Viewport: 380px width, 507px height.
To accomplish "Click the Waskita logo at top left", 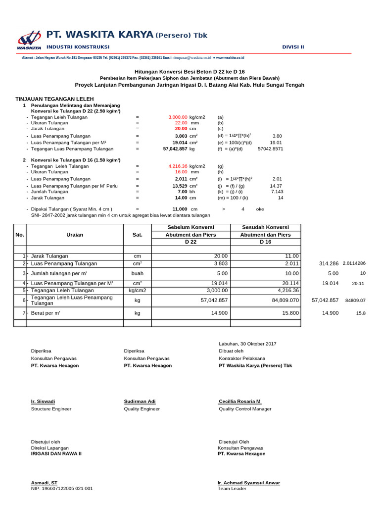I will click(x=29, y=40).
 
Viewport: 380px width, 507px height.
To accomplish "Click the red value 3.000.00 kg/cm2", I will click(x=178, y=117).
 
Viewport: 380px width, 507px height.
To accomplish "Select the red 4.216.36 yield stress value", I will click(x=178, y=166).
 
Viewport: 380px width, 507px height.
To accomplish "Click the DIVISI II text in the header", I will click(x=293, y=47).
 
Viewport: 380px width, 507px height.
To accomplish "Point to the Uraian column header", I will click(x=74, y=235).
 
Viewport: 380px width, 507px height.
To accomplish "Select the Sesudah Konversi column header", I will click(x=266, y=227).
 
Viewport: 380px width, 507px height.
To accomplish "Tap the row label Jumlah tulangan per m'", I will click(x=59, y=273).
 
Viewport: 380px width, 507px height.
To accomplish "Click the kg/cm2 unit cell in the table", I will click(x=137, y=291).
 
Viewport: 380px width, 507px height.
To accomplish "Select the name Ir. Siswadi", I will click(x=43, y=401).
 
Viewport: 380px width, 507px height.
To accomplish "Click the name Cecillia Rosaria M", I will click(x=239, y=401).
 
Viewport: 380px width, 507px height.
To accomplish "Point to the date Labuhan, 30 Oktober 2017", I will click(x=247, y=344).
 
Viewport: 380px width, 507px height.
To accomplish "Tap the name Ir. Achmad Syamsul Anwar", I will click(x=248, y=482).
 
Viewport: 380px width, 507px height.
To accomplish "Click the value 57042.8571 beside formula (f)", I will click(x=271, y=149).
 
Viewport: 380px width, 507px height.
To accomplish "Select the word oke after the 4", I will click(x=260, y=209).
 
